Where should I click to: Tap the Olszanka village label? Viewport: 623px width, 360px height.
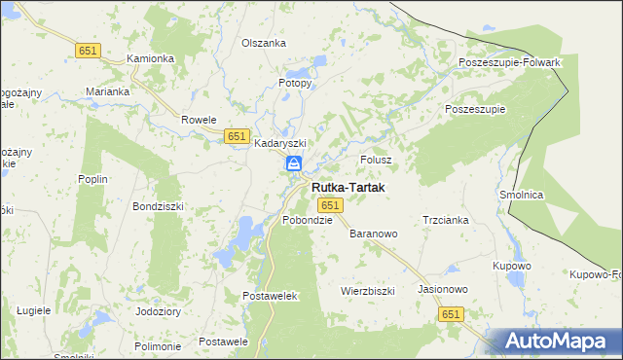point(264,44)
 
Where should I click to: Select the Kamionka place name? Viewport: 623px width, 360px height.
point(151,58)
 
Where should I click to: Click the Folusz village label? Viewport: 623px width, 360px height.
point(376,159)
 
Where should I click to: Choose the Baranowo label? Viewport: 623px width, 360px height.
point(375,234)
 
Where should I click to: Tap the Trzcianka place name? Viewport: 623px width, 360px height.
point(446,220)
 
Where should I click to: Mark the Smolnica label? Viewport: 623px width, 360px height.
point(522,195)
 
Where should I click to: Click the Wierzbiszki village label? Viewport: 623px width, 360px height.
point(367,291)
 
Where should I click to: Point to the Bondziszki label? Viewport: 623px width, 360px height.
point(159,207)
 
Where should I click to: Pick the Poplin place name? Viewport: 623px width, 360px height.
point(93,179)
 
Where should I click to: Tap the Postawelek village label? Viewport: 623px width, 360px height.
point(270,295)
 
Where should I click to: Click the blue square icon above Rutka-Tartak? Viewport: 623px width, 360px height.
point(293,165)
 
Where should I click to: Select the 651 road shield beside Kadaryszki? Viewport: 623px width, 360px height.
point(236,136)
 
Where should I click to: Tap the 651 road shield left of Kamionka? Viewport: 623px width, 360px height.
point(88,50)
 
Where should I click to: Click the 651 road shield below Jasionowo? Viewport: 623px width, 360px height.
point(450,313)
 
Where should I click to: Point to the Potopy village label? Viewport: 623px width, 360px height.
point(295,84)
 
